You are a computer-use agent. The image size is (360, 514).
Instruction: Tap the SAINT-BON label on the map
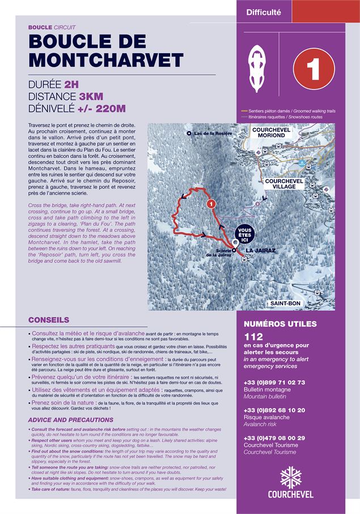[286, 304]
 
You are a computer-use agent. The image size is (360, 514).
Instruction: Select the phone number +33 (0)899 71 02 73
[274, 383]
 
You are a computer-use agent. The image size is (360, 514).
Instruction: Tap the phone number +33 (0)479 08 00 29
[274, 438]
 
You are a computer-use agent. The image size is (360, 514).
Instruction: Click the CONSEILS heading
[48, 320]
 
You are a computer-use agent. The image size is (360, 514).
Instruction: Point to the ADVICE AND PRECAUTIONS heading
[70, 420]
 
